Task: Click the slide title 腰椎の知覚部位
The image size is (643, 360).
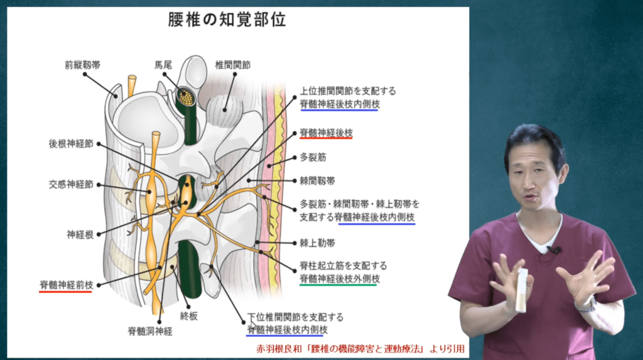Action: [x=227, y=19]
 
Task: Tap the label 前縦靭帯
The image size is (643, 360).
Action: [x=82, y=65]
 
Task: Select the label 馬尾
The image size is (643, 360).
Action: [x=163, y=65]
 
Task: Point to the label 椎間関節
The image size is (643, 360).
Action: [x=232, y=65]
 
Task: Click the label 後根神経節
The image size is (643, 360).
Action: [x=71, y=144]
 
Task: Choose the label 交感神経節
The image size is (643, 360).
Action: [x=71, y=184]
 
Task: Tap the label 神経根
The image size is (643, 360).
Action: [x=80, y=235]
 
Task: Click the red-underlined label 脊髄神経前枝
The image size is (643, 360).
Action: [x=67, y=285]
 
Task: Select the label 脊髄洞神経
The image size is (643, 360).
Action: [x=150, y=331]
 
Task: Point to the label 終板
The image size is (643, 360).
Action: [x=188, y=315]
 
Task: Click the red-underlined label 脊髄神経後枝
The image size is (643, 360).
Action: [x=326, y=133]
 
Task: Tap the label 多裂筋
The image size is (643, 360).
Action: [x=313, y=157]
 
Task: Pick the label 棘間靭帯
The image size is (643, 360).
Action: [x=317, y=180]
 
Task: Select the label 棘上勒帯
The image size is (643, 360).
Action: [x=317, y=243]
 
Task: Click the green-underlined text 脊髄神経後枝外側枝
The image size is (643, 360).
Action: [x=340, y=279]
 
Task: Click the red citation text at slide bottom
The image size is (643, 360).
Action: [x=360, y=349]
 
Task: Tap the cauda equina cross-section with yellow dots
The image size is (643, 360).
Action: [x=186, y=97]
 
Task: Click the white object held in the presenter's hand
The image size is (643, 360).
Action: [x=521, y=291]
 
